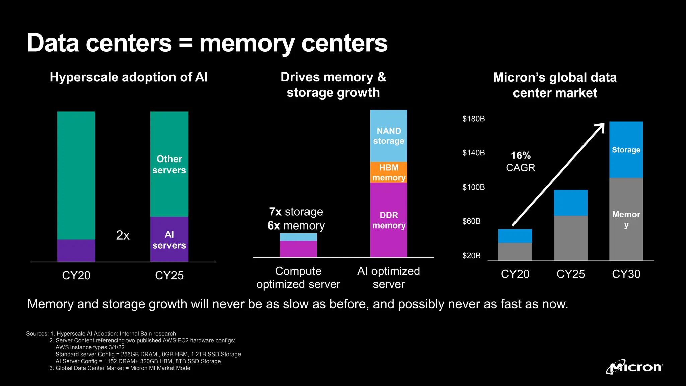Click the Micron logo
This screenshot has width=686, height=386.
coord(634,367)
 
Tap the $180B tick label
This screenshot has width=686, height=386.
coord(473,119)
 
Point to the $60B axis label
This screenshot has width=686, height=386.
coord(471,221)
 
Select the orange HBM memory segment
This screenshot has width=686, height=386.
coord(389,172)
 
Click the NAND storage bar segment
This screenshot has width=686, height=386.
coord(389,136)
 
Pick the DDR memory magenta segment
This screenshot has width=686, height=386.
coord(389,220)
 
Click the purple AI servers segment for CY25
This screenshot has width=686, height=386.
coord(169,240)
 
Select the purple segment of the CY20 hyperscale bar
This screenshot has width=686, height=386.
coord(76,250)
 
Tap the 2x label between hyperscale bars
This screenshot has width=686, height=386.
coord(123,235)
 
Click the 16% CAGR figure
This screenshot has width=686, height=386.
coord(521,156)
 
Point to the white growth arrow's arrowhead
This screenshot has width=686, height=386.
coord(601,126)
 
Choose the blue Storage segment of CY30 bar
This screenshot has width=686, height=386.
coord(626,150)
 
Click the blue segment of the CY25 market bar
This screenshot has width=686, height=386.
coord(570,203)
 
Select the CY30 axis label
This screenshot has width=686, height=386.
coord(626,274)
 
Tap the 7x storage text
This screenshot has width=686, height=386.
coord(296,212)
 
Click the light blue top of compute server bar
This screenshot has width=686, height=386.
coord(298,237)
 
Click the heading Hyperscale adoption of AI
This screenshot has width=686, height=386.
coord(129,77)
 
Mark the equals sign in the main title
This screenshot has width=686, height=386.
coord(186,44)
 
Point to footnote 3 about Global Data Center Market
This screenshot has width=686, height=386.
coord(121,368)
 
